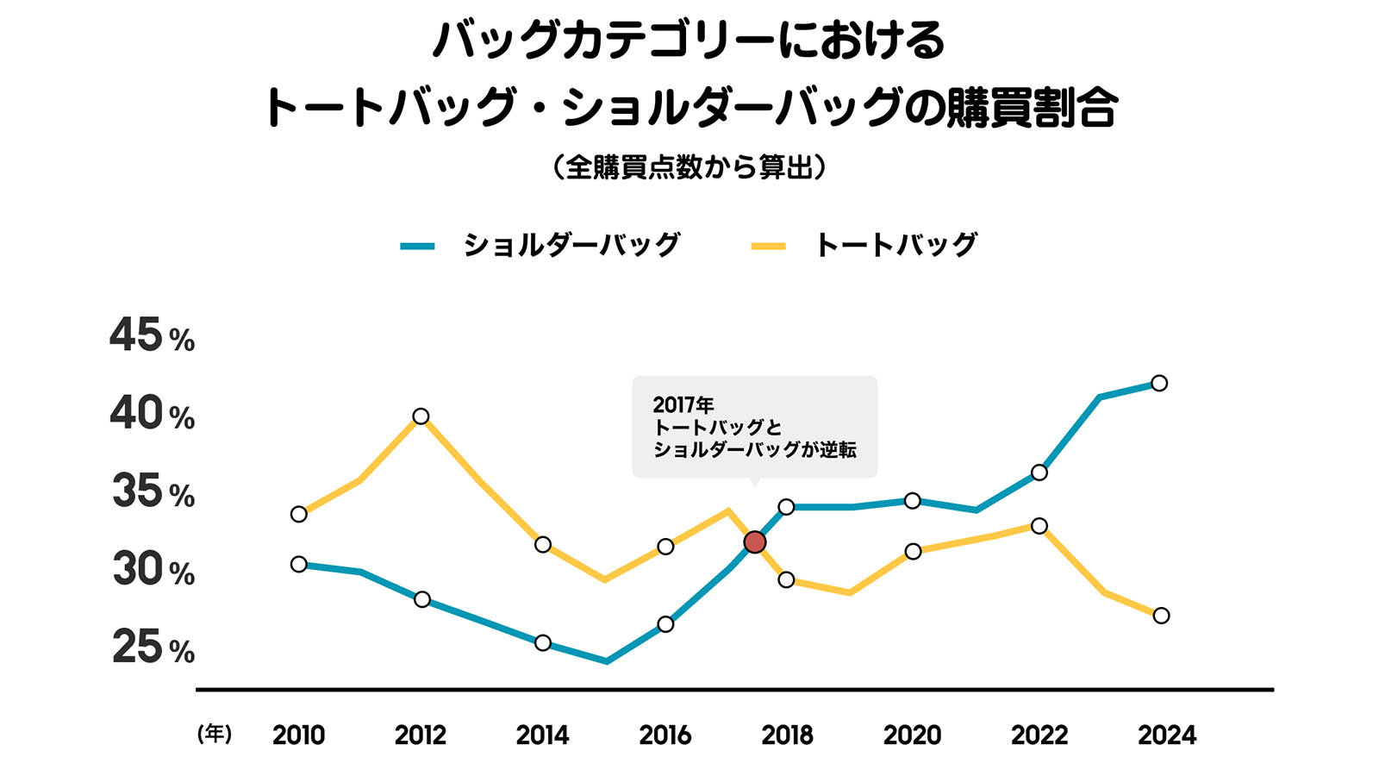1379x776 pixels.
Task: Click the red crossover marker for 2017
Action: coord(755,541)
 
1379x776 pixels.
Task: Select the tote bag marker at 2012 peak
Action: coord(421,416)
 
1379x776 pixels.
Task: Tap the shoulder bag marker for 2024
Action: coord(1159,383)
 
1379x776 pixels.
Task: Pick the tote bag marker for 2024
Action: coord(1161,616)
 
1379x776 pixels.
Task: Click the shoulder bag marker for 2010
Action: coord(299,564)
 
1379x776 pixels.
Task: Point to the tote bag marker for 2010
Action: coord(299,514)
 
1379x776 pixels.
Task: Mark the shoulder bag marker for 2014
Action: coord(543,642)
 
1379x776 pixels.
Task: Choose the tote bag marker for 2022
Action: coord(1039,526)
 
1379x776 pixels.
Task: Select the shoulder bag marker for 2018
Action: coord(786,506)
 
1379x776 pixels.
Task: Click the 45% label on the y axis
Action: coord(152,335)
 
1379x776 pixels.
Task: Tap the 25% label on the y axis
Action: coord(153,648)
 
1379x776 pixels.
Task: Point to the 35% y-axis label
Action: coord(153,492)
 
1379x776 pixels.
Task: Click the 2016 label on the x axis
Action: coord(665,735)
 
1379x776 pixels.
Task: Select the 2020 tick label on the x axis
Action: coord(912,735)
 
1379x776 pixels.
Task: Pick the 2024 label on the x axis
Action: coord(1167,735)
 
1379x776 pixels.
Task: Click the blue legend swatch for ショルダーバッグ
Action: coord(418,247)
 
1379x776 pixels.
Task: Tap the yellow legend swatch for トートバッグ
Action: coord(769,247)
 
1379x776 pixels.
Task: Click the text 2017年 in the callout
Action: coord(683,404)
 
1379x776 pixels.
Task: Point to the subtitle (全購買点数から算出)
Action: coord(689,166)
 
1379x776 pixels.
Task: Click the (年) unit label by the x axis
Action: coord(215,734)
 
